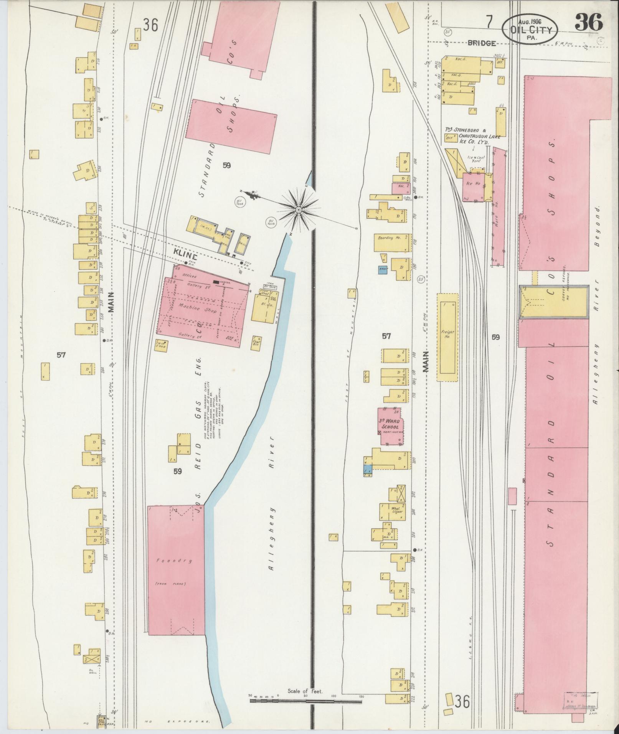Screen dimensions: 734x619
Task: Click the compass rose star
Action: pyautogui.click(x=298, y=210)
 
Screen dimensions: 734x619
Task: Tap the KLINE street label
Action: pyautogui.click(x=185, y=256)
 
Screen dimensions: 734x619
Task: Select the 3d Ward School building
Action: pyautogui.click(x=390, y=426)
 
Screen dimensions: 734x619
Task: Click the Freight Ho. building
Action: pyautogui.click(x=447, y=338)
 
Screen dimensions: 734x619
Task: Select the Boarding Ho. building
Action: pyautogui.click(x=390, y=242)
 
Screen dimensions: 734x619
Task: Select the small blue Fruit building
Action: pyautogui.click(x=382, y=270)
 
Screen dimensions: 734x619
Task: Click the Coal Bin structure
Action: pyautogui.click(x=257, y=341)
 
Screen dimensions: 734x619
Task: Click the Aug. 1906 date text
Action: pyautogui.click(x=529, y=22)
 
